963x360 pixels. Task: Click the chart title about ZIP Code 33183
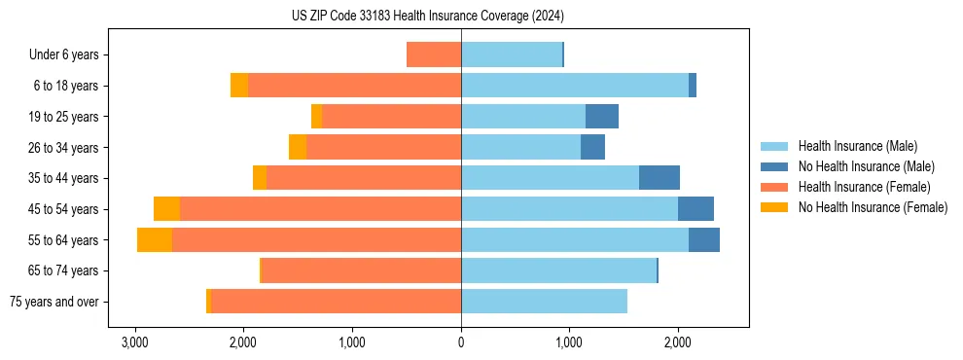pos(427,17)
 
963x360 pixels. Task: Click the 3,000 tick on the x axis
pos(134,342)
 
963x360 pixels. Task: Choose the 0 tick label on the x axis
pos(461,342)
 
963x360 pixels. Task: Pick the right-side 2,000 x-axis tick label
pos(678,342)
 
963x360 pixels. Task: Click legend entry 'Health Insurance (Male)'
pos(857,146)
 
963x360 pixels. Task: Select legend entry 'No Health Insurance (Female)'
pos(873,207)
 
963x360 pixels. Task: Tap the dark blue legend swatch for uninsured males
pos(774,166)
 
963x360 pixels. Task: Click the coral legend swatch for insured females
pos(774,187)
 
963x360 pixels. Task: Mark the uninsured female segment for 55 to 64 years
pos(155,240)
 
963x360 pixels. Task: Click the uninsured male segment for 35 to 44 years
pos(660,178)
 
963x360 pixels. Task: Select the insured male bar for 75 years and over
pos(544,302)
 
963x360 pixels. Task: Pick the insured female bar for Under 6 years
pos(434,55)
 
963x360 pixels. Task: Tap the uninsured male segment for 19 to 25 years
pos(602,117)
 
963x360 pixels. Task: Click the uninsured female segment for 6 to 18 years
pos(239,86)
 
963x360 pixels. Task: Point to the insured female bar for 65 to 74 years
pos(361,270)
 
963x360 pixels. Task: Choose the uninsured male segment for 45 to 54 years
pos(695,209)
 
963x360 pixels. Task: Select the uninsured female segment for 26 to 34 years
pos(298,148)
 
